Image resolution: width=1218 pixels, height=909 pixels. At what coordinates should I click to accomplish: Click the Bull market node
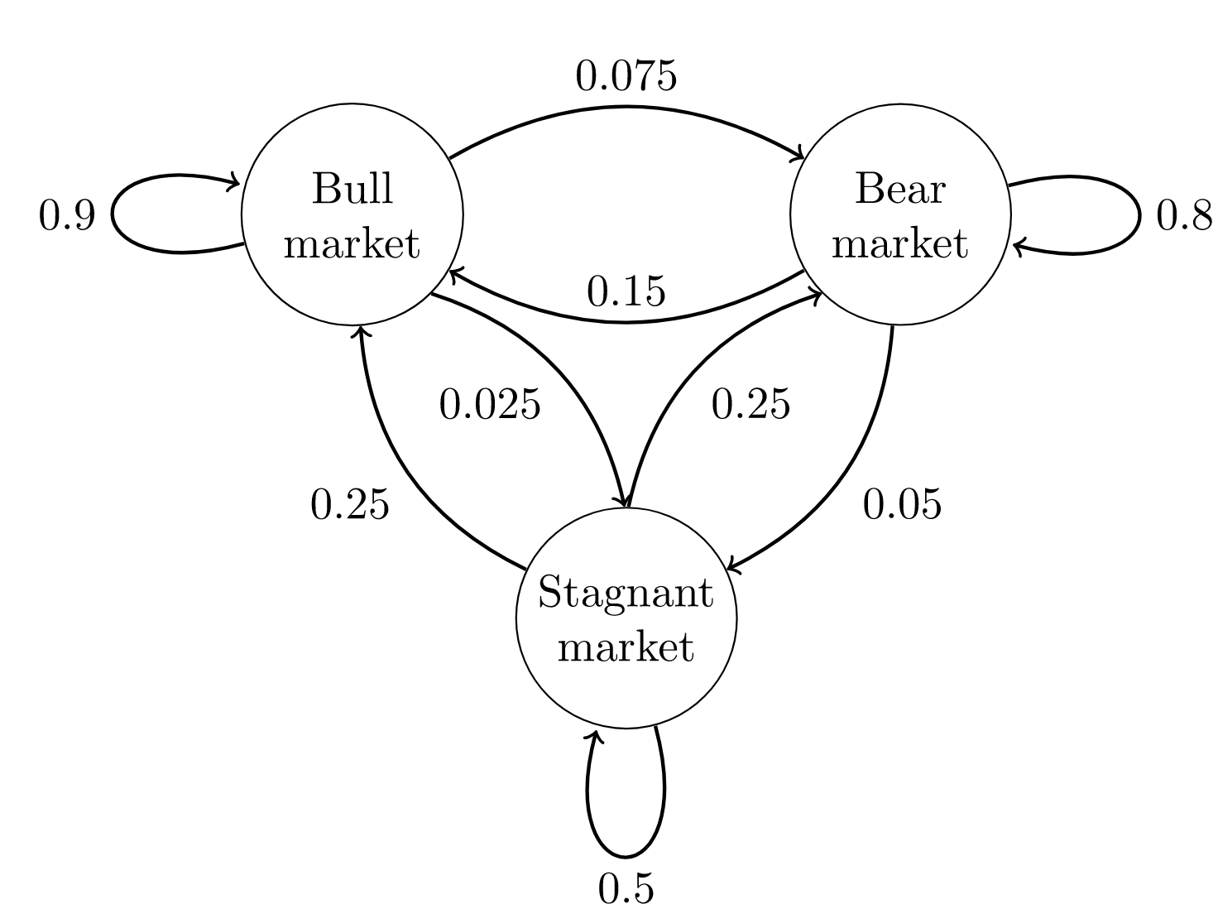coord(352,215)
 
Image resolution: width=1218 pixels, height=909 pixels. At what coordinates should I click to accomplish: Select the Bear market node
coord(900,215)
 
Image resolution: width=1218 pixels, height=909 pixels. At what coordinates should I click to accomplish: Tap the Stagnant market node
coord(626,618)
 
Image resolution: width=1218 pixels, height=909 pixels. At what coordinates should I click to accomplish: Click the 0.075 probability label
coord(626,77)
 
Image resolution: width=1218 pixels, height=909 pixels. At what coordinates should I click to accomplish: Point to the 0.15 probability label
coord(626,291)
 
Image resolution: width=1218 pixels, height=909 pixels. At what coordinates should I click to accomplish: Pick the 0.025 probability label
coord(490,405)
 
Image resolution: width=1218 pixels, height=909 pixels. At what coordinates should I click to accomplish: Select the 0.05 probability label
coord(902,504)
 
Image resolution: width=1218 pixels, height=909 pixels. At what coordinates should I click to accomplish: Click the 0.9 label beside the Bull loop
coord(67,217)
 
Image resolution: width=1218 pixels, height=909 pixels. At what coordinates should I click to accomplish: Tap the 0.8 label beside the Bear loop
coord(1184,217)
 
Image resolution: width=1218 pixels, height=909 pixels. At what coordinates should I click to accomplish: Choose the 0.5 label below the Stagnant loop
coord(626,889)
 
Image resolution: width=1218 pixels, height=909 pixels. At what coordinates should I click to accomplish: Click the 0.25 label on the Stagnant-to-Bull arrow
coord(349,504)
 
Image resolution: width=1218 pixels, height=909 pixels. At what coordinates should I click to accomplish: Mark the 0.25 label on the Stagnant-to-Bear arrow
coord(750,405)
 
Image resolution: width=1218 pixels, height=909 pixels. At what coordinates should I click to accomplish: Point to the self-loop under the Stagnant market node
coord(626,854)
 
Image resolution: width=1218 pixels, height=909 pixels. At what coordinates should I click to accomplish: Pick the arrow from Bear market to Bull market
coord(626,321)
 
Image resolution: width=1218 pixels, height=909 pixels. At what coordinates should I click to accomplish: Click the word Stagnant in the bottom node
coord(626,594)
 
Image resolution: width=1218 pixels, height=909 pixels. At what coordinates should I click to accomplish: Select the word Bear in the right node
coord(900,190)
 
